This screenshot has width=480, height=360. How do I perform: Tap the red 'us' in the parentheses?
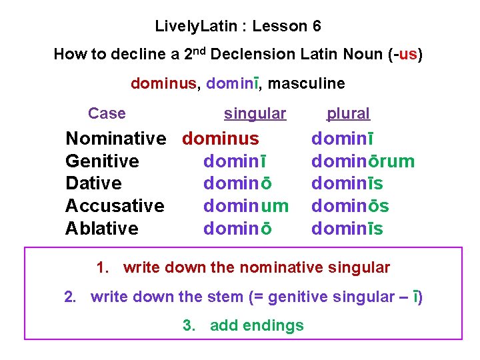click(x=407, y=55)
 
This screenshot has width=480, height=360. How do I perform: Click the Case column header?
click(x=107, y=113)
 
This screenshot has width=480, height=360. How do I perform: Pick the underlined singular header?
click(x=255, y=114)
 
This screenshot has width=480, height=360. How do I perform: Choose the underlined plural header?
click(x=348, y=114)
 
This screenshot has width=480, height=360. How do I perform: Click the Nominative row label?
click(x=115, y=139)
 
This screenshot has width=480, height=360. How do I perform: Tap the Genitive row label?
click(x=102, y=161)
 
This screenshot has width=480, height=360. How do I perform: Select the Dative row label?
click(x=93, y=183)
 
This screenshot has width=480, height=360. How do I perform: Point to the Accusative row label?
click(x=115, y=206)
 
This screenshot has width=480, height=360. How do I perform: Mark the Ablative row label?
click(x=102, y=229)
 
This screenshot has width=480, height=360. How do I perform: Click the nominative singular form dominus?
click(x=221, y=139)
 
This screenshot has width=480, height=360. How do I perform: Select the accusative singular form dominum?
click(x=245, y=206)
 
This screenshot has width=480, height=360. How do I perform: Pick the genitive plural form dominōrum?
click(x=363, y=161)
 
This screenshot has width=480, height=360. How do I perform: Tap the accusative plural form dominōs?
click(x=350, y=206)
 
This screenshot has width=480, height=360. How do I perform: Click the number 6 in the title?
click(x=316, y=27)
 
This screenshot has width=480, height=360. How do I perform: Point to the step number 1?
click(x=101, y=268)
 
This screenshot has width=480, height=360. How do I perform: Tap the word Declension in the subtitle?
click(x=257, y=55)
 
